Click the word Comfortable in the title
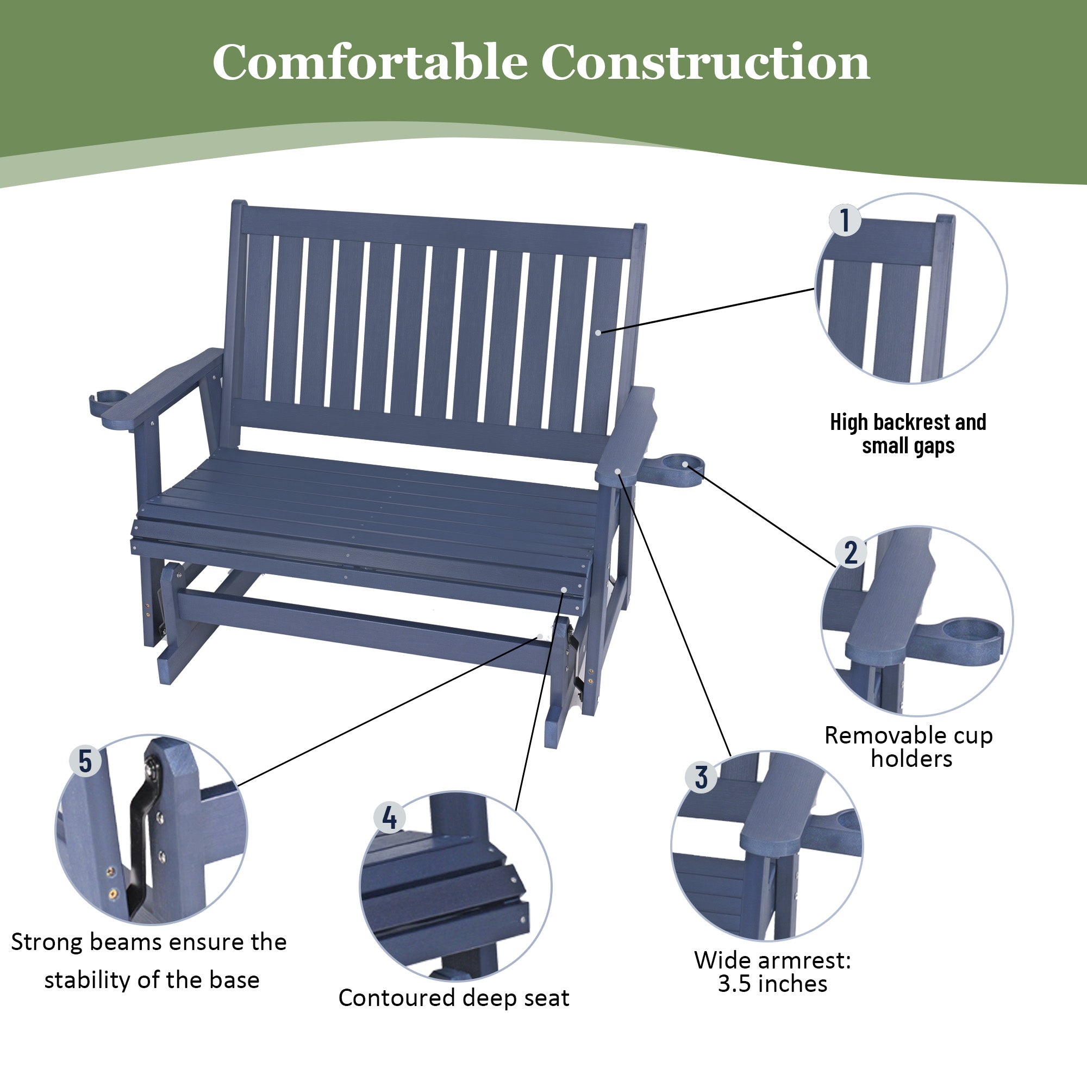point(369,63)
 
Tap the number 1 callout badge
point(845,220)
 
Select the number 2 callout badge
point(851,552)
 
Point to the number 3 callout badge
point(701,778)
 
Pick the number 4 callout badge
point(389,817)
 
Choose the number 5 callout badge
point(85,761)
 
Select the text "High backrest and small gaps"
point(908,434)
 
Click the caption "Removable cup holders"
point(909,747)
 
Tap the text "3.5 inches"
point(772,984)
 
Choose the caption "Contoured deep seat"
point(453,997)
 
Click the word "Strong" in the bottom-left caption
point(47,942)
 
